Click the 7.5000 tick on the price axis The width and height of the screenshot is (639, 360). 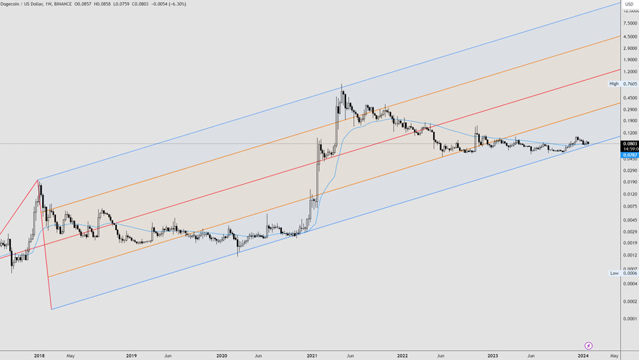tap(630, 23)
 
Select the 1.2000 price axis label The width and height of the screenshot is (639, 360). tap(630, 71)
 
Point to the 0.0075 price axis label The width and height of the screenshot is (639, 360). tap(630, 207)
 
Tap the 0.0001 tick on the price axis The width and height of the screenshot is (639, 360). tap(630, 318)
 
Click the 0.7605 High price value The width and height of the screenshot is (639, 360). tap(630, 84)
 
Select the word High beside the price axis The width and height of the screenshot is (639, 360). tap(614, 84)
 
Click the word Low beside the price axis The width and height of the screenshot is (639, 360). tap(614, 273)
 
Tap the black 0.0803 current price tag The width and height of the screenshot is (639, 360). tap(630, 144)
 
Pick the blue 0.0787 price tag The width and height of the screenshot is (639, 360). tap(630, 155)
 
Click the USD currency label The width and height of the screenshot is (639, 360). tap(629, 5)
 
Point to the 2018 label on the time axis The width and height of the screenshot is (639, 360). tap(40, 355)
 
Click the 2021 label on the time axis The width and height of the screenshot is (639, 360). tap(312, 355)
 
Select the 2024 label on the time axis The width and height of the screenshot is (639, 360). tap(583, 355)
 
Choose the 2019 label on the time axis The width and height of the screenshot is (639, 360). tap(131, 355)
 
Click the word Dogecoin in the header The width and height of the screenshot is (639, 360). tap(12, 4)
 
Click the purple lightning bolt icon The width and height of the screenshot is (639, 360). tap(588, 346)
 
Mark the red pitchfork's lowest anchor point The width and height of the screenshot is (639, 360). tap(51, 309)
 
